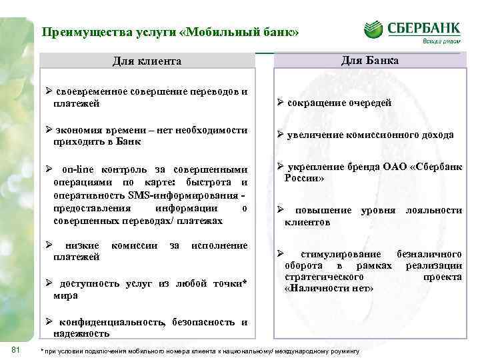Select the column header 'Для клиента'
147,61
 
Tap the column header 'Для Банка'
370,61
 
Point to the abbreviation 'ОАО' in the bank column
398,167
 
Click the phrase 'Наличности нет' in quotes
329,289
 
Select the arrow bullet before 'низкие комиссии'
49,245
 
